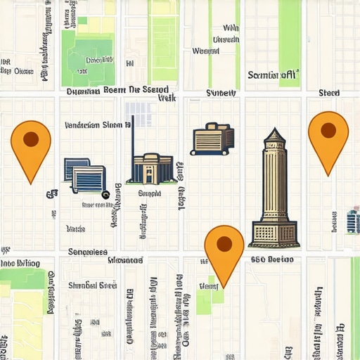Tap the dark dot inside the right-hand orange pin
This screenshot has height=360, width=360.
pyautogui.click(x=328, y=129)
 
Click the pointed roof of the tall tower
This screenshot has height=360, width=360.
pyautogui.click(x=274, y=136)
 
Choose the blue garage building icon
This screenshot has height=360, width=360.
pyautogui.click(x=85, y=175)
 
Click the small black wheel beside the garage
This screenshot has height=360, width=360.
pyautogui.click(x=105, y=195)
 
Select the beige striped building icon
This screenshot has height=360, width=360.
pyautogui.click(x=212, y=138)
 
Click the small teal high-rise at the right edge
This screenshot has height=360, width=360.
pyautogui.click(x=353, y=221)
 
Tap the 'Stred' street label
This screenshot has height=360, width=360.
pyautogui.click(x=328, y=93)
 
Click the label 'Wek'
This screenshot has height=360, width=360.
pyautogui.click(x=167, y=99)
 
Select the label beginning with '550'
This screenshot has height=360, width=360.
pyautogui.click(x=271, y=259)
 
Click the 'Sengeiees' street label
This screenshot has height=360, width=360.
pyautogui.click(x=87, y=252)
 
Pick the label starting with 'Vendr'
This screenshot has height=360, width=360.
pyautogui.click(x=92, y=125)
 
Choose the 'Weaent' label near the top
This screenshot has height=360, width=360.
pyautogui.click(x=205, y=51)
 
